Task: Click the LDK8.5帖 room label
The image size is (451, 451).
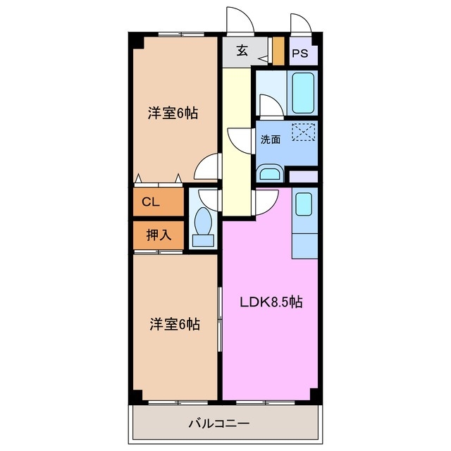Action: pyautogui.click(x=271, y=302)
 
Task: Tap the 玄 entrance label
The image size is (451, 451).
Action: pyautogui.click(x=242, y=51)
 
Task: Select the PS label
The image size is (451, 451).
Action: pyautogui.click(x=300, y=54)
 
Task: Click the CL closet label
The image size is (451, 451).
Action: pyautogui.click(x=150, y=202)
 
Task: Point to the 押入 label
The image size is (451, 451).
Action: pyautogui.click(x=158, y=235)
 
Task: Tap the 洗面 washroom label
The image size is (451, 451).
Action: pyautogui.click(x=271, y=139)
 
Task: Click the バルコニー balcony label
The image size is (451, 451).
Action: pyautogui.click(x=218, y=424)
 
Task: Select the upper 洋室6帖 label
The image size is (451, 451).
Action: pyautogui.click(x=173, y=113)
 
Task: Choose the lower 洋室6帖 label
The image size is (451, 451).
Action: pyautogui.click(x=174, y=324)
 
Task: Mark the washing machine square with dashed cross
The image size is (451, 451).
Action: pyautogui.click(x=304, y=132)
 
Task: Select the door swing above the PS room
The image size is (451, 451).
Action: pyautogui.click(x=299, y=23)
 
